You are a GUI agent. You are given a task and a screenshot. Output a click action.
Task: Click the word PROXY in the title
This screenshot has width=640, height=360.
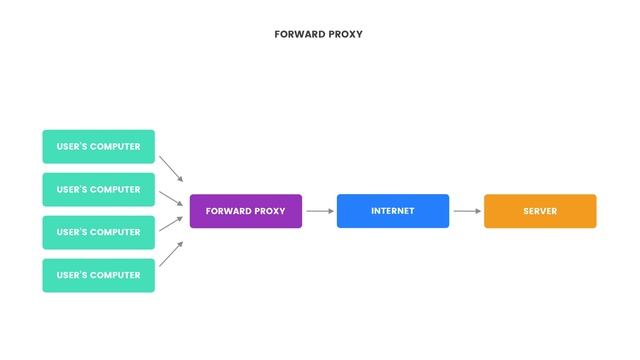click(346, 34)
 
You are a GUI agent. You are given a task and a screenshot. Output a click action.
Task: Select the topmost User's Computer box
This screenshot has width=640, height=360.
click(98, 146)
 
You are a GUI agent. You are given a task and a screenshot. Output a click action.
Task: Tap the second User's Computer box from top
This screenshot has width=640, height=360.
click(98, 189)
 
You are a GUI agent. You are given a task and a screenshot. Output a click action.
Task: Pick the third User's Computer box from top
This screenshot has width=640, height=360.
click(98, 232)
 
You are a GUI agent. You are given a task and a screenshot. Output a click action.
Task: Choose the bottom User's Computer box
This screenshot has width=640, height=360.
click(98, 275)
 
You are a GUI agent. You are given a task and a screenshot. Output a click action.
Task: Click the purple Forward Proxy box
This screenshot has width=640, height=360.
click(245, 211)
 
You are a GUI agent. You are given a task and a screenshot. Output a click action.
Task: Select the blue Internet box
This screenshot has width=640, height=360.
click(392, 211)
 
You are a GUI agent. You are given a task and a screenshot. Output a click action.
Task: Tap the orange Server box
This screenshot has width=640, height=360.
click(540, 211)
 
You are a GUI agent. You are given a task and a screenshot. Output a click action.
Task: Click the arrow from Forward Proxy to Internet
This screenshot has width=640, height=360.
click(319, 211)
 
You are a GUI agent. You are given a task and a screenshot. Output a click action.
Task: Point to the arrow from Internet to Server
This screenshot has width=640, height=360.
click(467, 211)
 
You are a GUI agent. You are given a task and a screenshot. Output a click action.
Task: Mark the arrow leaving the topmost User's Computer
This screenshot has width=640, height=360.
click(171, 168)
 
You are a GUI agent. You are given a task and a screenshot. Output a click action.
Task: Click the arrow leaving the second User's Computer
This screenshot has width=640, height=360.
click(171, 197)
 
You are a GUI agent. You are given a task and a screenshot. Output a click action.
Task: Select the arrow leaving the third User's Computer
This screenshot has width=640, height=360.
click(171, 225)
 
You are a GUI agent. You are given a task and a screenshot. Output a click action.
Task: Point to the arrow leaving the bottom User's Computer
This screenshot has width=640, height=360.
click(171, 254)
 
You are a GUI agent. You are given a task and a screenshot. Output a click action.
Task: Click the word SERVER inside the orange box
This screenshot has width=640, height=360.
click(540, 211)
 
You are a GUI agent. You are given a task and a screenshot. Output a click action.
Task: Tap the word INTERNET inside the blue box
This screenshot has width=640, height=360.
click(392, 211)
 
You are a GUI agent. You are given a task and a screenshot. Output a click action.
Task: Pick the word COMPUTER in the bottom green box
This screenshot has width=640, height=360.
click(115, 275)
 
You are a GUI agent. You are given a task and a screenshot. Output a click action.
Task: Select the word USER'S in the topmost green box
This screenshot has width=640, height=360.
click(72, 146)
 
